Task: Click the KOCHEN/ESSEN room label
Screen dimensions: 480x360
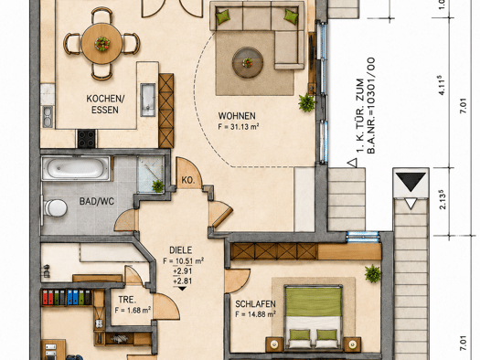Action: [105, 104]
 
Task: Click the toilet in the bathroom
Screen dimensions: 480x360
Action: [56, 208]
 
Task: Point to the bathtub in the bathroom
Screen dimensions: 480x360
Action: [76, 168]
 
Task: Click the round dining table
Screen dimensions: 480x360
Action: [101, 44]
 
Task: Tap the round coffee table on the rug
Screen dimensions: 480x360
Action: [248, 63]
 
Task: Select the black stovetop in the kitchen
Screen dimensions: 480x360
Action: [87, 139]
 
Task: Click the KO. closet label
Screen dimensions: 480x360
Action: [188, 180]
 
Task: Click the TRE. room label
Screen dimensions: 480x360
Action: [127, 300]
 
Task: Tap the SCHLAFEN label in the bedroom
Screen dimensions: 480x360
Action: [255, 304]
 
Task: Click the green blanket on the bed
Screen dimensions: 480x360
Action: [313, 302]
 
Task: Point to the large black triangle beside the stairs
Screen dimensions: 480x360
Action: [411, 182]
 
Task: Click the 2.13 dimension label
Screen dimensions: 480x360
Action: [443, 200]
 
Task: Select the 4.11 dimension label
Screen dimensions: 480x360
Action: [442, 85]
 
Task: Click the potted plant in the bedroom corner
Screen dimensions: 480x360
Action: [373, 273]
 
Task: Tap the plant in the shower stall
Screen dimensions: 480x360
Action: [158, 186]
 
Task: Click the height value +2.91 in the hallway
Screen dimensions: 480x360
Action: [183, 271]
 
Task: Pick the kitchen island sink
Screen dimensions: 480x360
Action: [148, 100]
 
